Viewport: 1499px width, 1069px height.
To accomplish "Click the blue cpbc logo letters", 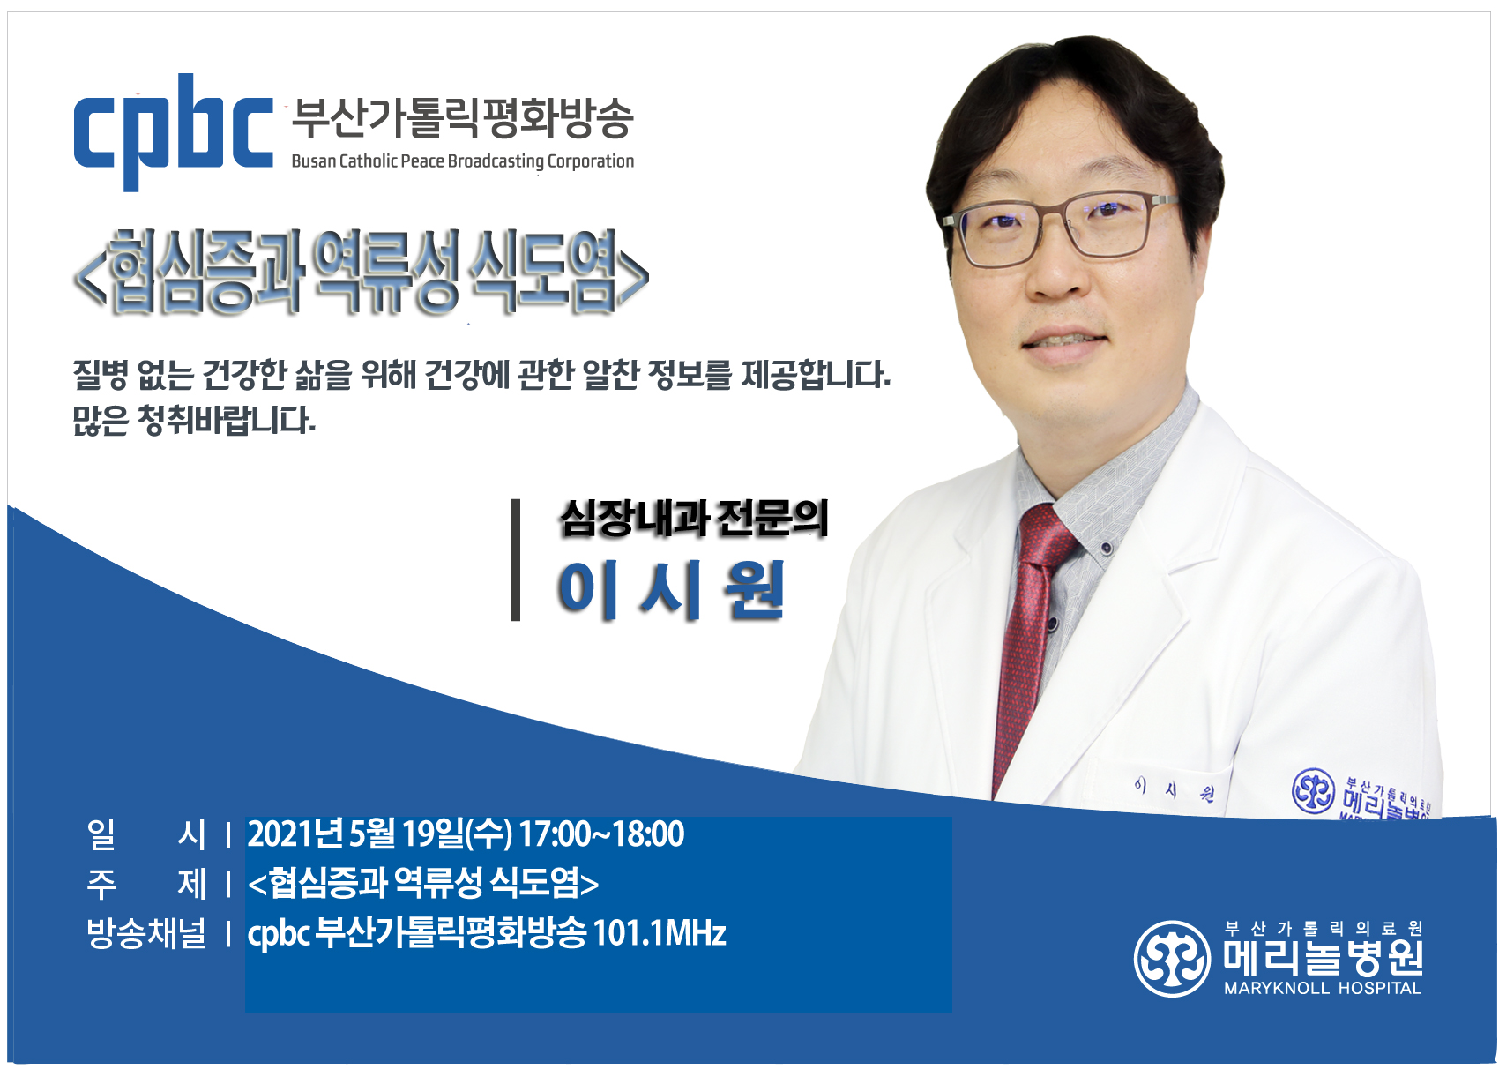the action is coord(174,132).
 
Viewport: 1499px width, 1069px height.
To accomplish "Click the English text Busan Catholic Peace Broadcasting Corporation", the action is coord(462,161).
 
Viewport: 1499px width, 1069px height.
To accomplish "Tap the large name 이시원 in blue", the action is coord(670,591).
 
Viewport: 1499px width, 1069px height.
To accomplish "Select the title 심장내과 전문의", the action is coord(694,519).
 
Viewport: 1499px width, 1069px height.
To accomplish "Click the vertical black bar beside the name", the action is coord(515,560).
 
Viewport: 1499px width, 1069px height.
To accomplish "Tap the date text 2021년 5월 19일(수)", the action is coord(379,834).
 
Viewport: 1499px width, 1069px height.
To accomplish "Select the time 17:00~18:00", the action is coord(601,834).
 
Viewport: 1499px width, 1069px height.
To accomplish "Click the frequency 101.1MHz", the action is coord(660,933).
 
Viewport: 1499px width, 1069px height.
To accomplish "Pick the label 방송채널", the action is coord(145,933).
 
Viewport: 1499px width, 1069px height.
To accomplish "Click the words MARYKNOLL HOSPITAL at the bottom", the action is coord(1323,988).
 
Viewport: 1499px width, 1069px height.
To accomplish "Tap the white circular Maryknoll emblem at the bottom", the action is coord(1172,959).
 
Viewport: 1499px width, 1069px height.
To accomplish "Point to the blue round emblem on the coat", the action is coord(1313,791).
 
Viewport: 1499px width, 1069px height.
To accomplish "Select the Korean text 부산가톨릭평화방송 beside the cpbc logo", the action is coord(462,118).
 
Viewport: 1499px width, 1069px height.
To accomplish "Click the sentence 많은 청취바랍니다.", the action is coord(194,421).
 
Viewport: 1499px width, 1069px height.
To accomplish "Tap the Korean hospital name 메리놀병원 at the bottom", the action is coord(1323,958).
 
